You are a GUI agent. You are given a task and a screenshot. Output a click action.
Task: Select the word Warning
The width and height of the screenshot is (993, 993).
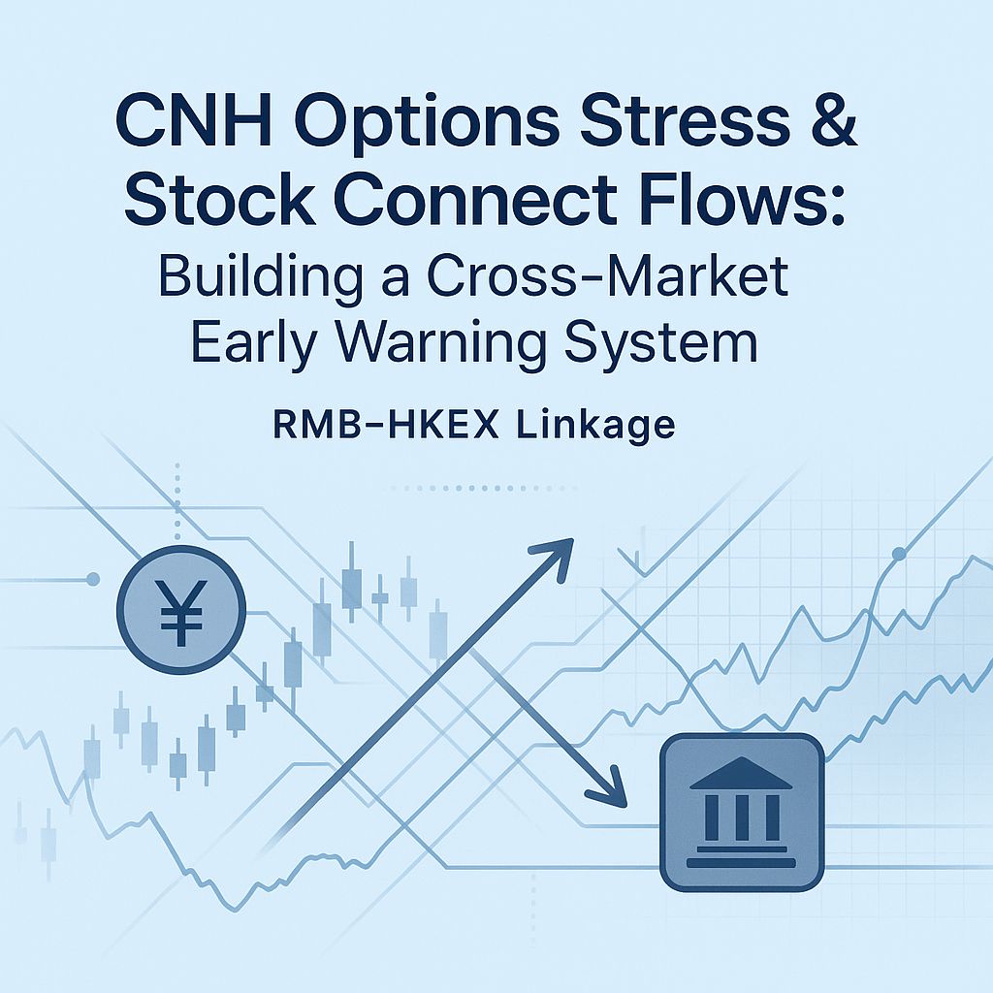point(439,342)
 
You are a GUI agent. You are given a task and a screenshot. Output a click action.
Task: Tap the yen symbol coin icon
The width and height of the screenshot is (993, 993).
point(181,610)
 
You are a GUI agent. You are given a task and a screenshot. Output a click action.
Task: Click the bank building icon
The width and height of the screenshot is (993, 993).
point(742,814)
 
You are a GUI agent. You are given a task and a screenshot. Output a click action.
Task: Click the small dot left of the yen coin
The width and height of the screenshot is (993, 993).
point(93,579)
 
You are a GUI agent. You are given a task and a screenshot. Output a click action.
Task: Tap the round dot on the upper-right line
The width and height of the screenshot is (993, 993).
point(899,554)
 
